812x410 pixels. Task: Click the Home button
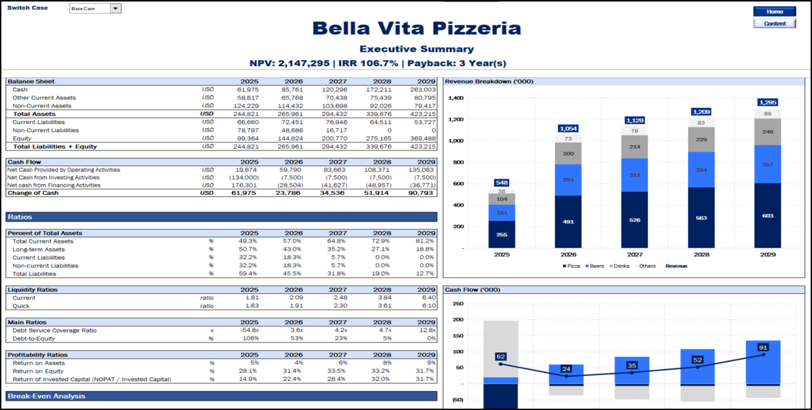[774, 11]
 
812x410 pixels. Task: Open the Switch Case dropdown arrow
[115, 9]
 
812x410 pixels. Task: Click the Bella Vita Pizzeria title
[416, 28]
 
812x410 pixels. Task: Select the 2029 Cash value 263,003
[423, 90]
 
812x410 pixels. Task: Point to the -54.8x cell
[250, 330]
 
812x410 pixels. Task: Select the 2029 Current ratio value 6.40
[428, 297]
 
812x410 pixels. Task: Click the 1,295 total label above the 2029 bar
[767, 102]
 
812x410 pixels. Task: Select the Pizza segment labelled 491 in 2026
[569, 221]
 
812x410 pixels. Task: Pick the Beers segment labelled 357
[767, 164]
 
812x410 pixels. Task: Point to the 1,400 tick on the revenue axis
[455, 98]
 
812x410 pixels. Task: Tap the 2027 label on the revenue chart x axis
[635, 256]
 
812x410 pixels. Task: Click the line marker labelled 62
[500, 364]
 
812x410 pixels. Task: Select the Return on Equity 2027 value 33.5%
[338, 371]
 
